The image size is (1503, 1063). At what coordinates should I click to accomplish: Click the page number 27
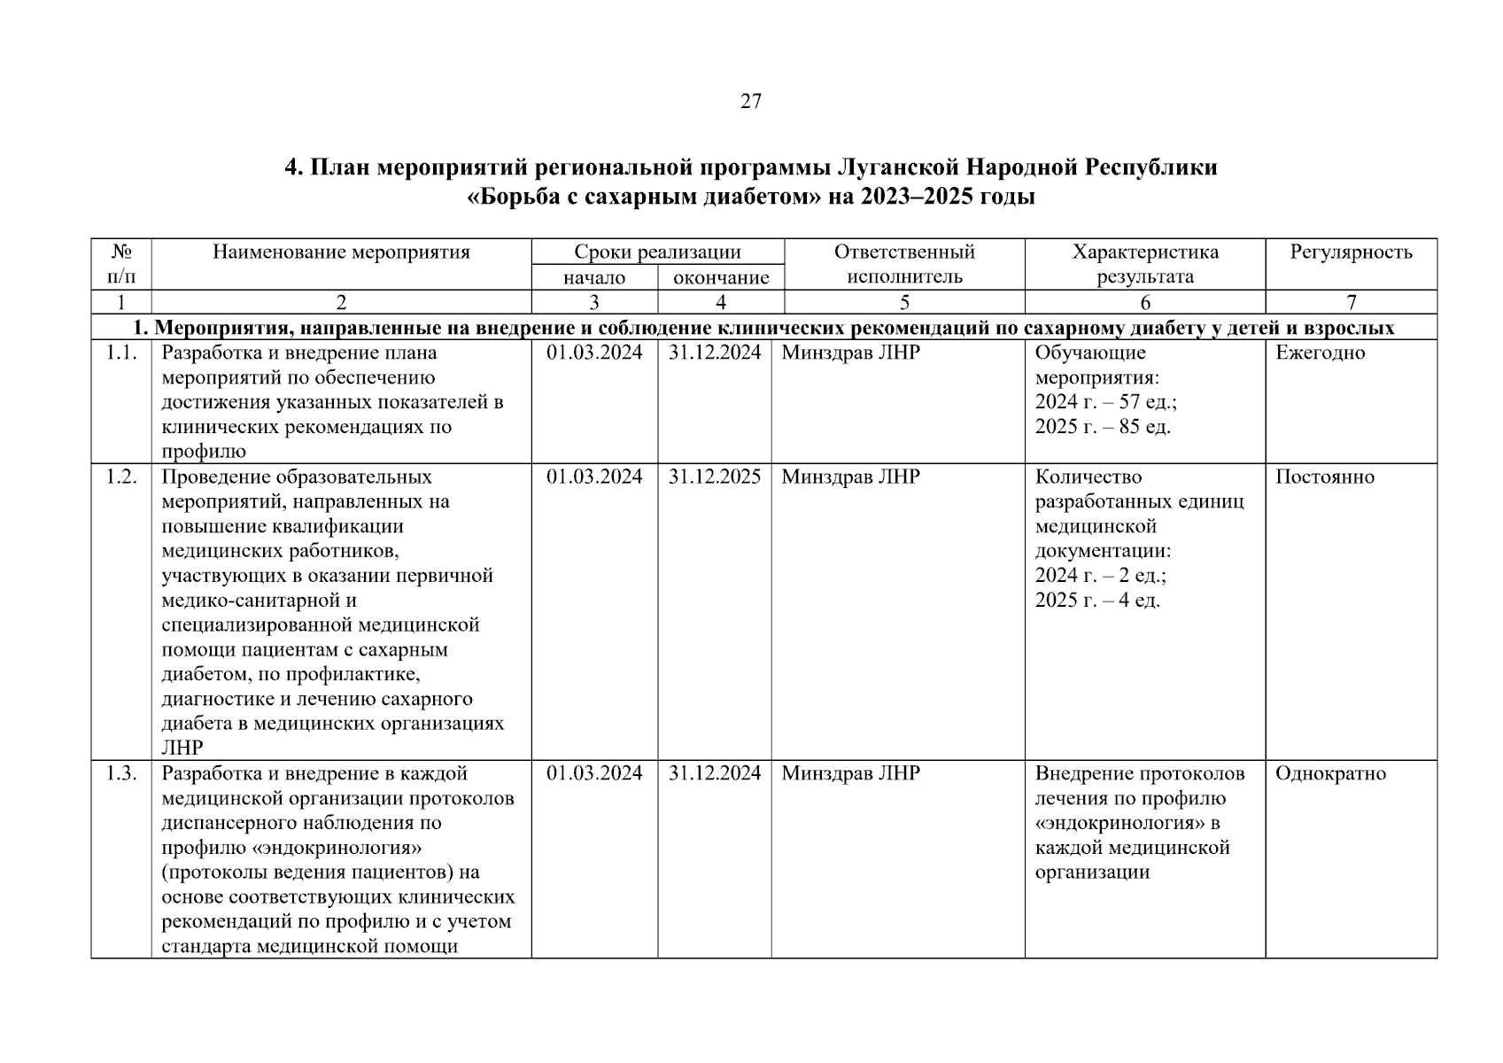click(x=750, y=102)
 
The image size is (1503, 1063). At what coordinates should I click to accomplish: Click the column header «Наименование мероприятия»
click(x=341, y=252)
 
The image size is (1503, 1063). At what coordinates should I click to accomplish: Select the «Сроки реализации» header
click(x=657, y=252)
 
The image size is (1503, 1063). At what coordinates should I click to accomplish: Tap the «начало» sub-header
click(x=594, y=278)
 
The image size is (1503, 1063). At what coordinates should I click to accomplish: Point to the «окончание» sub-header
click(x=721, y=278)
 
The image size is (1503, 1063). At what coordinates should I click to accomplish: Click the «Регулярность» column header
click(x=1351, y=252)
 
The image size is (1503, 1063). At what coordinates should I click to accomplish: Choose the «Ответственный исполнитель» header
click(x=904, y=264)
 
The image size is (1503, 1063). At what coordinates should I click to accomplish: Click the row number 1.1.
click(x=121, y=353)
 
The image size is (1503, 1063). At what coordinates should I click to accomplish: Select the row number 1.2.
click(x=121, y=477)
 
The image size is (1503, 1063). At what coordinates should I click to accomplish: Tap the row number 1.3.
click(x=121, y=773)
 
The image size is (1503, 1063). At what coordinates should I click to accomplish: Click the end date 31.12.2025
click(x=715, y=477)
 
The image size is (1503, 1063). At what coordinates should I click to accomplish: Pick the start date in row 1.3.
click(x=594, y=773)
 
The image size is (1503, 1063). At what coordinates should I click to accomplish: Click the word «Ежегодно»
click(x=1321, y=353)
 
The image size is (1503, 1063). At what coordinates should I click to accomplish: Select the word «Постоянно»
click(x=1325, y=477)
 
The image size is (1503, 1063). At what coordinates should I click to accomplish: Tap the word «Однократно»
click(x=1330, y=773)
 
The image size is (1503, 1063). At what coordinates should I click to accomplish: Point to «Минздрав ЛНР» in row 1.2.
click(x=850, y=477)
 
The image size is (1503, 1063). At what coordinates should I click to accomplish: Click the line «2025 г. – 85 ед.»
click(x=1103, y=427)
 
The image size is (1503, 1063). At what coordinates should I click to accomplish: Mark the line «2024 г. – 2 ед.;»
click(x=1101, y=576)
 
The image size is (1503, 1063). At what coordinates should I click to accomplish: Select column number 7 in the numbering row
click(x=1351, y=303)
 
